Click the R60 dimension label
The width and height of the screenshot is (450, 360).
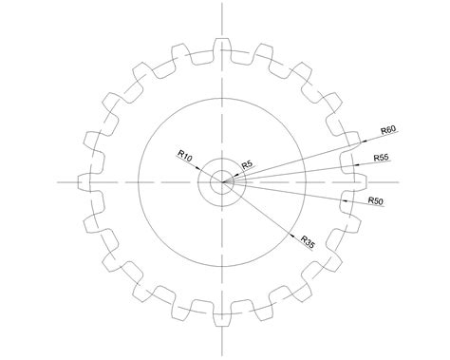tap(388, 129)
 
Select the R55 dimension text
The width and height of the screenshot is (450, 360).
tap(382, 158)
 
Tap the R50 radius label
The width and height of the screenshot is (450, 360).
tap(376, 201)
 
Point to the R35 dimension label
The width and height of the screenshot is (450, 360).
tap(308, 242)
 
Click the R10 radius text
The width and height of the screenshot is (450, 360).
tap(185, 156)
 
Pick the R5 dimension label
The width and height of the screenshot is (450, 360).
tap(247, 165)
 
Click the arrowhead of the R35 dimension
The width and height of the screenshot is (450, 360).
tap(292, 235)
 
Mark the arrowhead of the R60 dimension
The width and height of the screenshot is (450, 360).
tap(364, 142)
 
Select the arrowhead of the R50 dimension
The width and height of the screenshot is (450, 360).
tap(346, 200)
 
